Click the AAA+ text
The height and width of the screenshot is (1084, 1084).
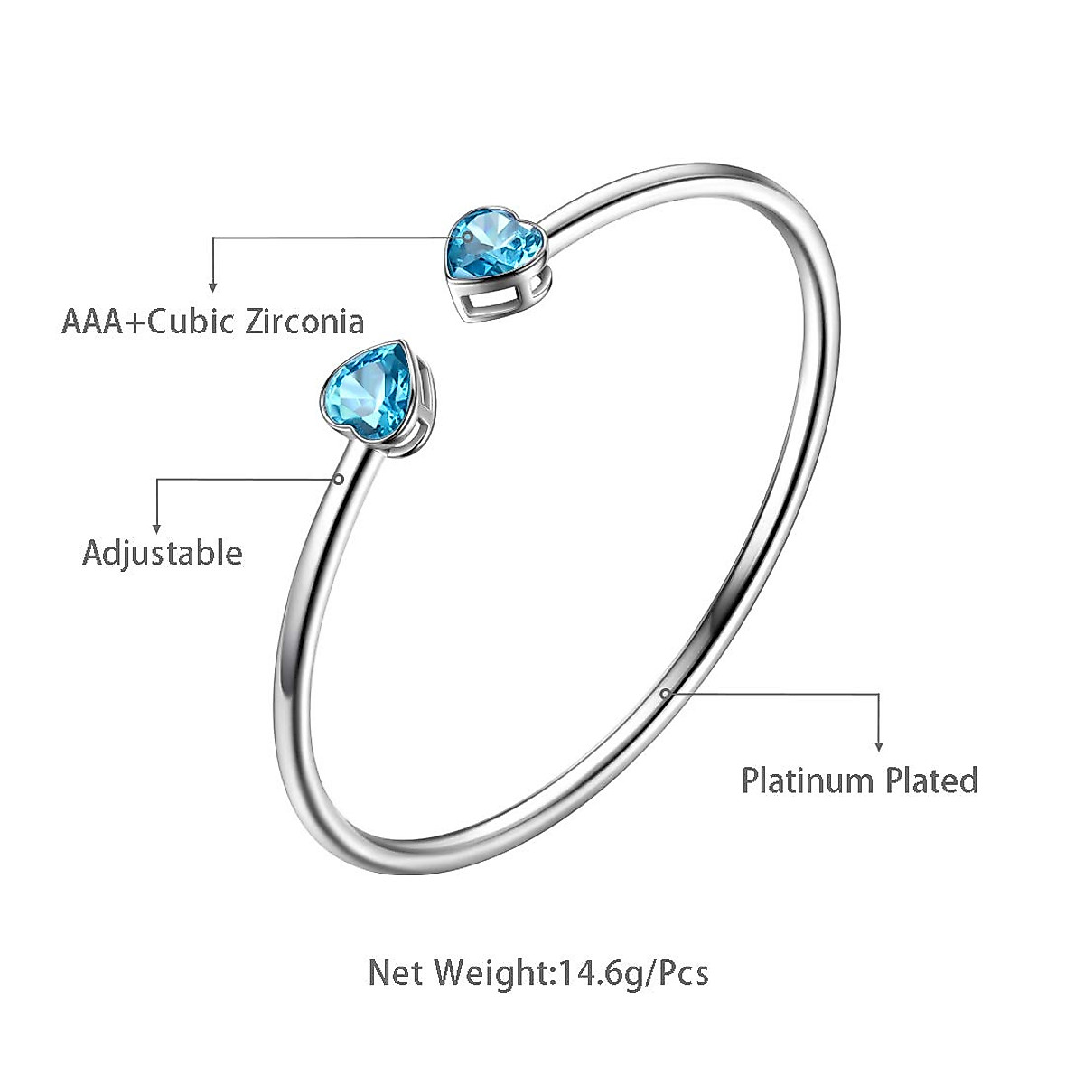coord(100,321)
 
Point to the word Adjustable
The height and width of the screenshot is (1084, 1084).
coord(163,552)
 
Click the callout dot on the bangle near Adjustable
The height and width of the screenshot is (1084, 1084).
coord(338,480)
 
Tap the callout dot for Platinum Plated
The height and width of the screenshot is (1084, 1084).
coord(665,693)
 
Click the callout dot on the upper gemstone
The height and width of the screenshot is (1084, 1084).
coord(466,237)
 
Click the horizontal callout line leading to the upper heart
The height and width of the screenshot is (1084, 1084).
coord(334,238)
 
